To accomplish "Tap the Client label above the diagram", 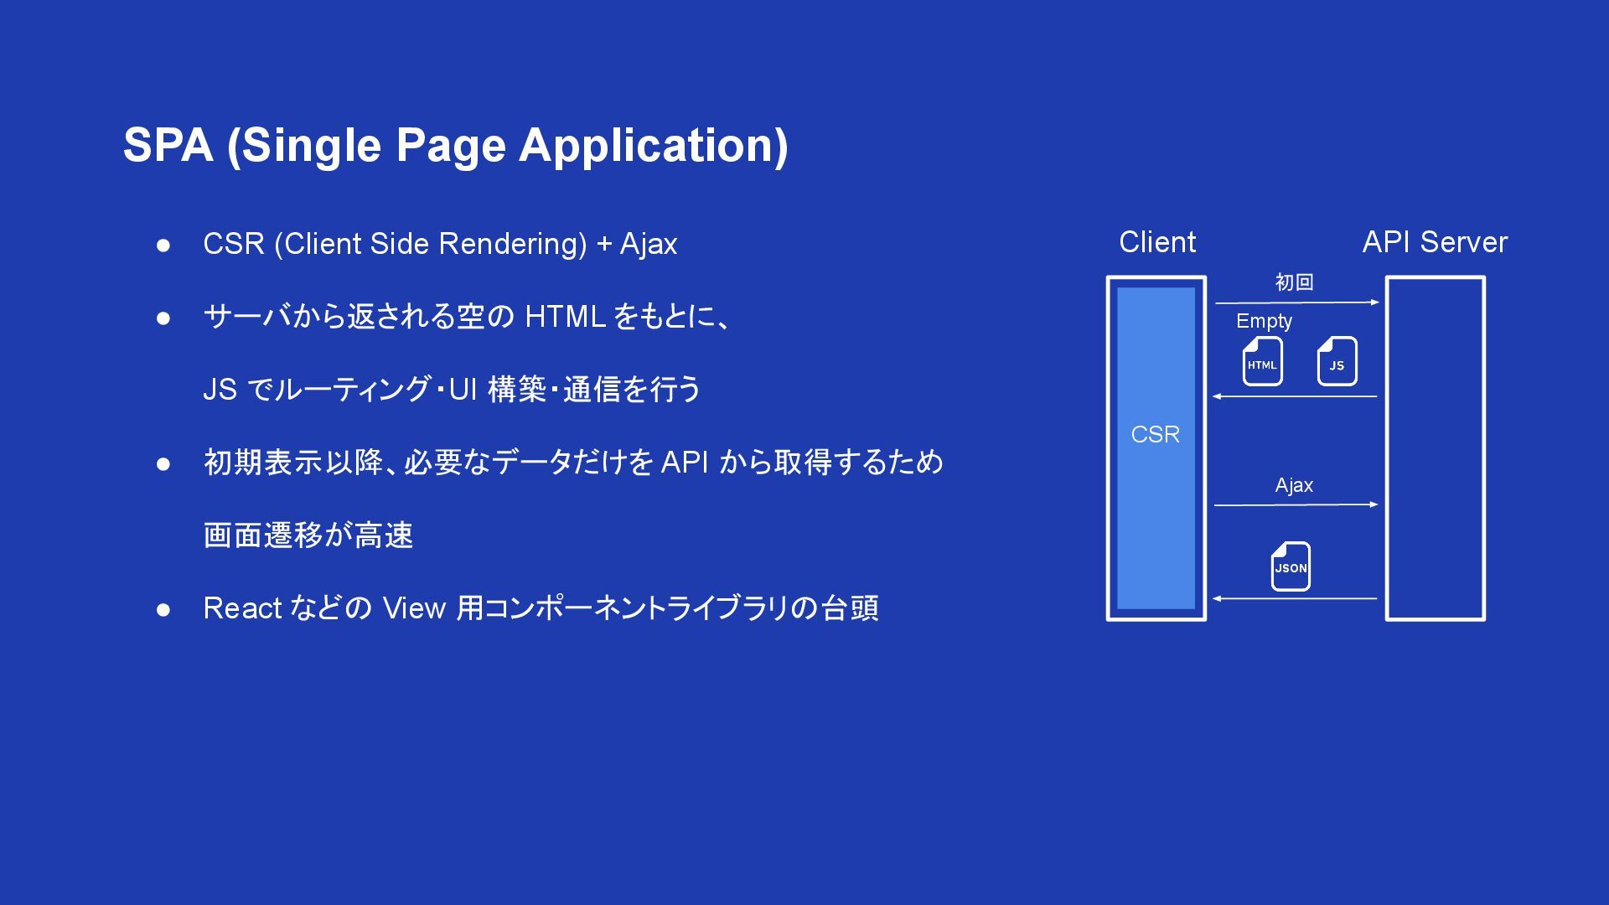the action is (1157, 242).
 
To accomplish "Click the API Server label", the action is (1435, 242).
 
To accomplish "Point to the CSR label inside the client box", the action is (1156, 434).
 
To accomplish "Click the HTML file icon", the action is (1262, 362).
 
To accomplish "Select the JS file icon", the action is (1337, 362).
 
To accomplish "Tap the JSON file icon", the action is (1291, 566).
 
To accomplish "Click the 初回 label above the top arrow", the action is (1294, 282).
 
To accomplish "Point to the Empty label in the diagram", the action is (1264, 321).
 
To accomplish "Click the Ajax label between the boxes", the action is (1294, 485).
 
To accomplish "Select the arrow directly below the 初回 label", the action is (1296, 302).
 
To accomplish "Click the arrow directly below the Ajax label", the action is (1296, 504).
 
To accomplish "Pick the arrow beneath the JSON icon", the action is (1295, 598).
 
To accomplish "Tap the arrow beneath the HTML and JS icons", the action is (1295, 396).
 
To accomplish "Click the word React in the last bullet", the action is (242, 608).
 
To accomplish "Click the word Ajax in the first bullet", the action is (649, 244).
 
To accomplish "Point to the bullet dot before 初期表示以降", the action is (163, 463).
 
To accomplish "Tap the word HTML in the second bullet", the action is (565, 317).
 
